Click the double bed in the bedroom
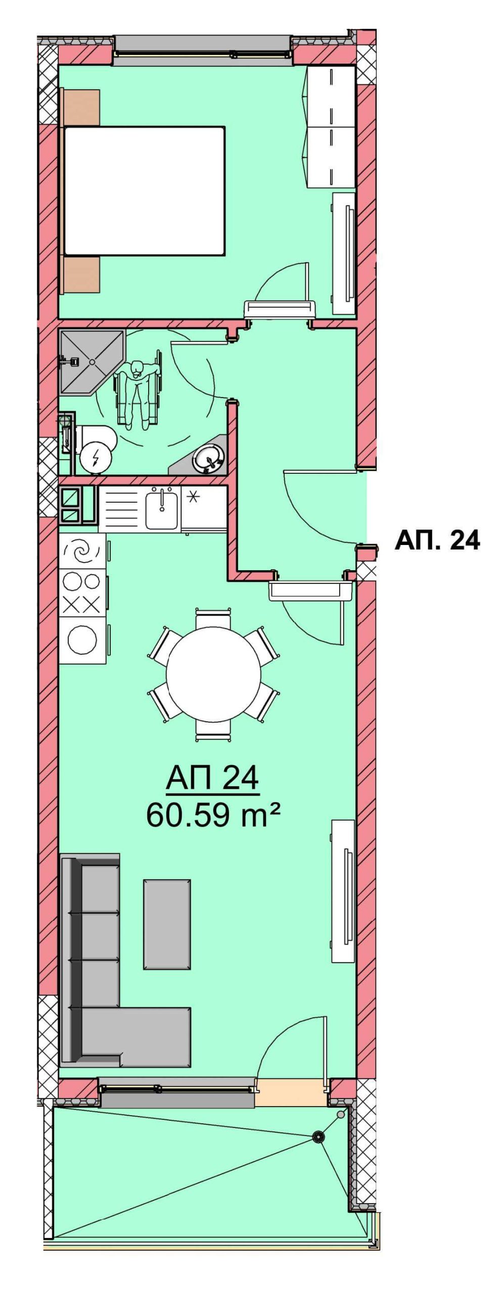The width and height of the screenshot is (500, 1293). pyautogui.click(x=144, y=191)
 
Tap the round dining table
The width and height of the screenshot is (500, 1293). pyautogui.click(x=213, y=675)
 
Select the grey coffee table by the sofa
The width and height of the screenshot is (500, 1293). pyautogui.click(x=167, y=924)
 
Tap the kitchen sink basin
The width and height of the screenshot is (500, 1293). pyautogui.click(x=162, y=509)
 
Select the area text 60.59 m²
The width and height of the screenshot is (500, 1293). pyautogui.click(x=213, y=814)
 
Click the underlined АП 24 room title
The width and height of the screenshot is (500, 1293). pyautogui.click(x=212, y=777)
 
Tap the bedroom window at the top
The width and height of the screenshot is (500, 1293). pyautogui.click(x=203, y=51)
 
